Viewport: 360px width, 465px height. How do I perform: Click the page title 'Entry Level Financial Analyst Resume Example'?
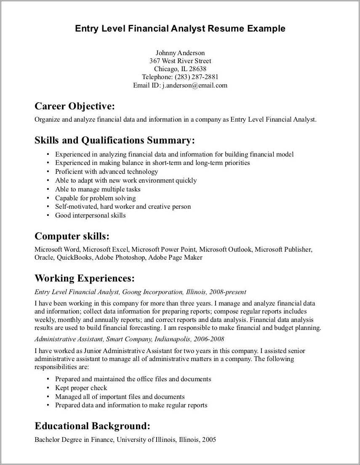180,29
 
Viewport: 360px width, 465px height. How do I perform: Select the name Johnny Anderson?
180,53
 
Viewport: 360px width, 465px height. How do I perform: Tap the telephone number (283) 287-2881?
196,77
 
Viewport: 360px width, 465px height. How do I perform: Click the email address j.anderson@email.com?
195,85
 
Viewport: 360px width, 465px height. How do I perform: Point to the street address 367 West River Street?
180,61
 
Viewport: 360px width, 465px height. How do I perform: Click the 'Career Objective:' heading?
75,105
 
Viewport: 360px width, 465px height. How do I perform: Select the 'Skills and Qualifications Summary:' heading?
115,140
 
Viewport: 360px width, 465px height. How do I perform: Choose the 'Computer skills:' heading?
72,236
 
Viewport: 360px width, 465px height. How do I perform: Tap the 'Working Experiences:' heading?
85,278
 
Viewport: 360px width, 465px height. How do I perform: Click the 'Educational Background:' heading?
92,426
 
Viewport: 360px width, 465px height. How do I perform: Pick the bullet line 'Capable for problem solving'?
95,198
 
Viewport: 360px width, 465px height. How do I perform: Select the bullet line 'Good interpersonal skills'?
90,215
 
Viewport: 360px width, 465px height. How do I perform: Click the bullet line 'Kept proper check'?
81,388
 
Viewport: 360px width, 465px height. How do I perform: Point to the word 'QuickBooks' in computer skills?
75,258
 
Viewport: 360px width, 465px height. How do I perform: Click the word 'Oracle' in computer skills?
44,258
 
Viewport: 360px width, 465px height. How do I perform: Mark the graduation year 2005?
209,440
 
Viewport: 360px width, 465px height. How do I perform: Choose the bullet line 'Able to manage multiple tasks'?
98,189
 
